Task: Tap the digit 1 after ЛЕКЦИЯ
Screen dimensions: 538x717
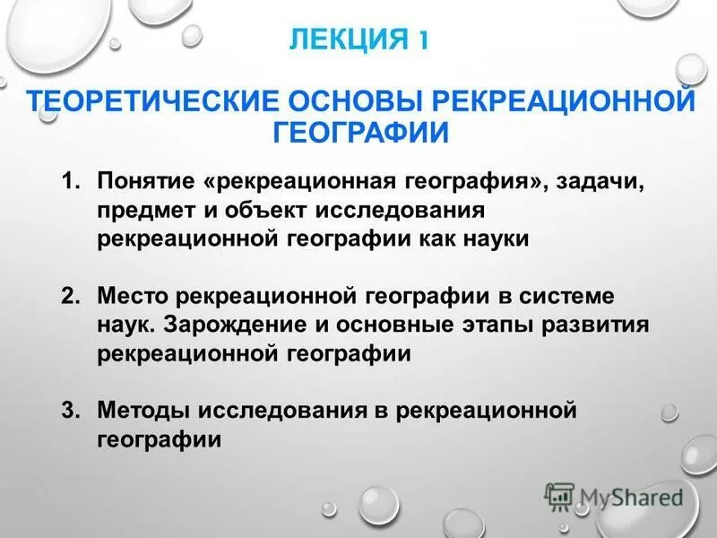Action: click(421, 40)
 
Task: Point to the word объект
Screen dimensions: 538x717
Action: click(254, 212)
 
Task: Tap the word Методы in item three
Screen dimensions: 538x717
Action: click(144, 411)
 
